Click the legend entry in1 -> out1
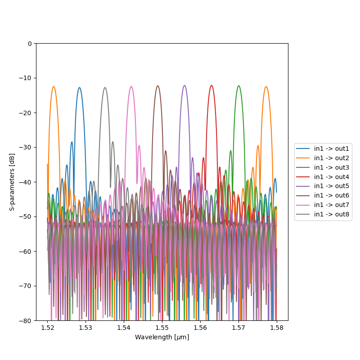click(332, 148)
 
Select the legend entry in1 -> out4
click(332, 177)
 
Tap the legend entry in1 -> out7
click(332, 205)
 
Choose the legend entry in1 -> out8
click(332, 214)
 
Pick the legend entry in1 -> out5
click(332, 186)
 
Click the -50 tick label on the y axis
click(26, 217)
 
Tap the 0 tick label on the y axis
click(30, 44)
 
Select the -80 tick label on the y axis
click(26, 321)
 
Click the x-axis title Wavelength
click(162, 337)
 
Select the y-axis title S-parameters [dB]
click(12, 182)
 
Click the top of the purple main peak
click(184, 85)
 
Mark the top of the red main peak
click(211, 85)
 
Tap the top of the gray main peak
click(105, 87)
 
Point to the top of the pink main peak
click(131, 86)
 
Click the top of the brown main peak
click(157, 85)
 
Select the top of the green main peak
click(238, 85)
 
